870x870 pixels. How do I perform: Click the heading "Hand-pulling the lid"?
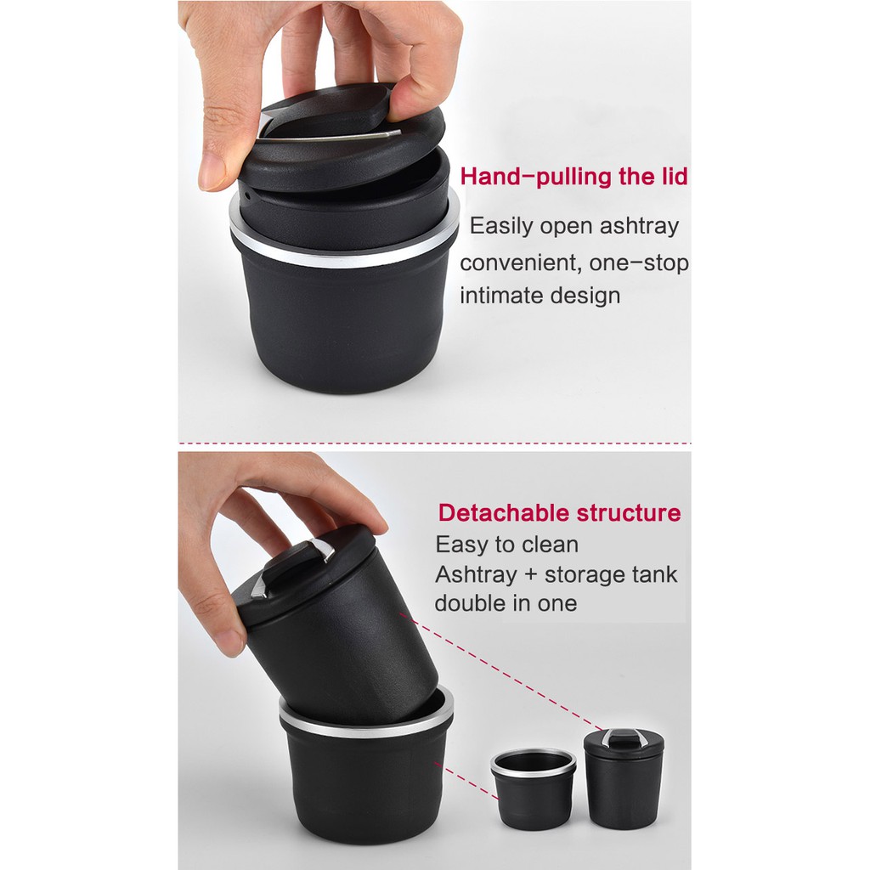pos(573,177)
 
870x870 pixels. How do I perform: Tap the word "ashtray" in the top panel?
pos(639,226)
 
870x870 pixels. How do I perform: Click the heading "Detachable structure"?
pos(559,513)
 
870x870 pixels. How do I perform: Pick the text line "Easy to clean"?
pos(506,545)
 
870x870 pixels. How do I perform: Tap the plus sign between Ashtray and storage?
pos(530,575)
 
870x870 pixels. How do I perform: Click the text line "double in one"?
pos(506,604)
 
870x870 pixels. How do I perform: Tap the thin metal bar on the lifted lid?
pos(331,135)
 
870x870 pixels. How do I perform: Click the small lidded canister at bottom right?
pos(623,782)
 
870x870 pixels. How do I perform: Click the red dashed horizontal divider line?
pos(434,443)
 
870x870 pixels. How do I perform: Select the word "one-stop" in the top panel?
pos(647,263)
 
